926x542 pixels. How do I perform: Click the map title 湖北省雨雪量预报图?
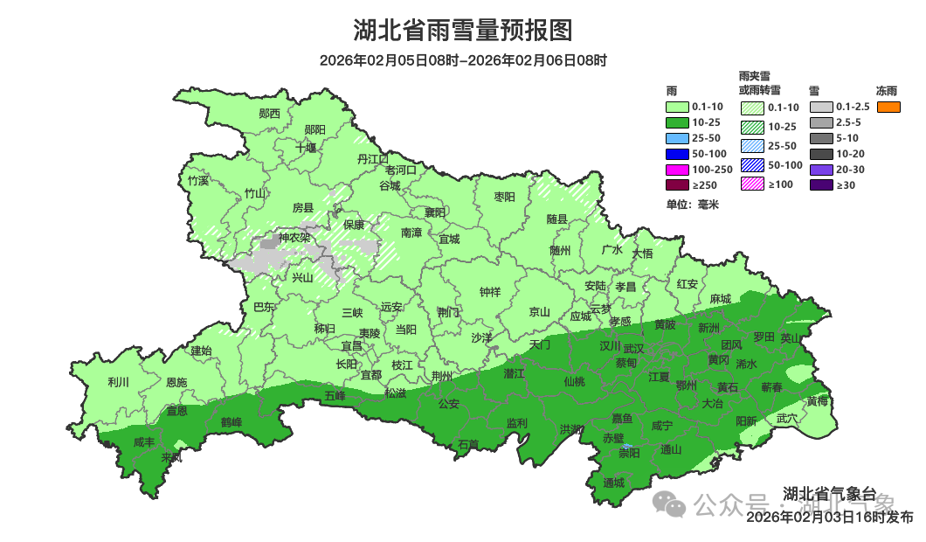coord(463,31)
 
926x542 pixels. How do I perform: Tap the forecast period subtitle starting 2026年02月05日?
coord(463,60)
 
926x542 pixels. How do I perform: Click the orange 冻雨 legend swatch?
coord(888,107)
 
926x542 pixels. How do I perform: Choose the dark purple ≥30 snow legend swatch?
coord(820,185)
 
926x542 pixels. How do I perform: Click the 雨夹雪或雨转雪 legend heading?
coord(759,83)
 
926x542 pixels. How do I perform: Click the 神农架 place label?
coord(294,238)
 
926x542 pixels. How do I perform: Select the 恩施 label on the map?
coord(176,382)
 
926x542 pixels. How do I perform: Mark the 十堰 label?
coord(306,148)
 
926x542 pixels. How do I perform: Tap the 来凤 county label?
coord(172,457)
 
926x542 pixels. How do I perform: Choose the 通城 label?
coord(614,483)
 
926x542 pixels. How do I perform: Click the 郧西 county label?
coord(270,114)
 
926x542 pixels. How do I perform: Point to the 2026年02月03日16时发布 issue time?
coord(829,518)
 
